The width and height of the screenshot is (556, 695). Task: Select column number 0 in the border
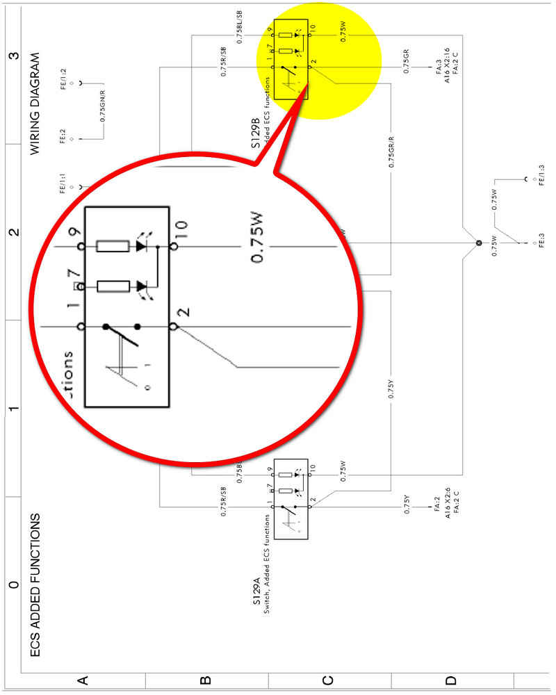12,584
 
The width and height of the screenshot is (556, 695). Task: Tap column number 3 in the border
12,56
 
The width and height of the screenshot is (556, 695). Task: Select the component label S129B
255,134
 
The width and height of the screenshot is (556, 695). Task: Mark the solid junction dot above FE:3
477,243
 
